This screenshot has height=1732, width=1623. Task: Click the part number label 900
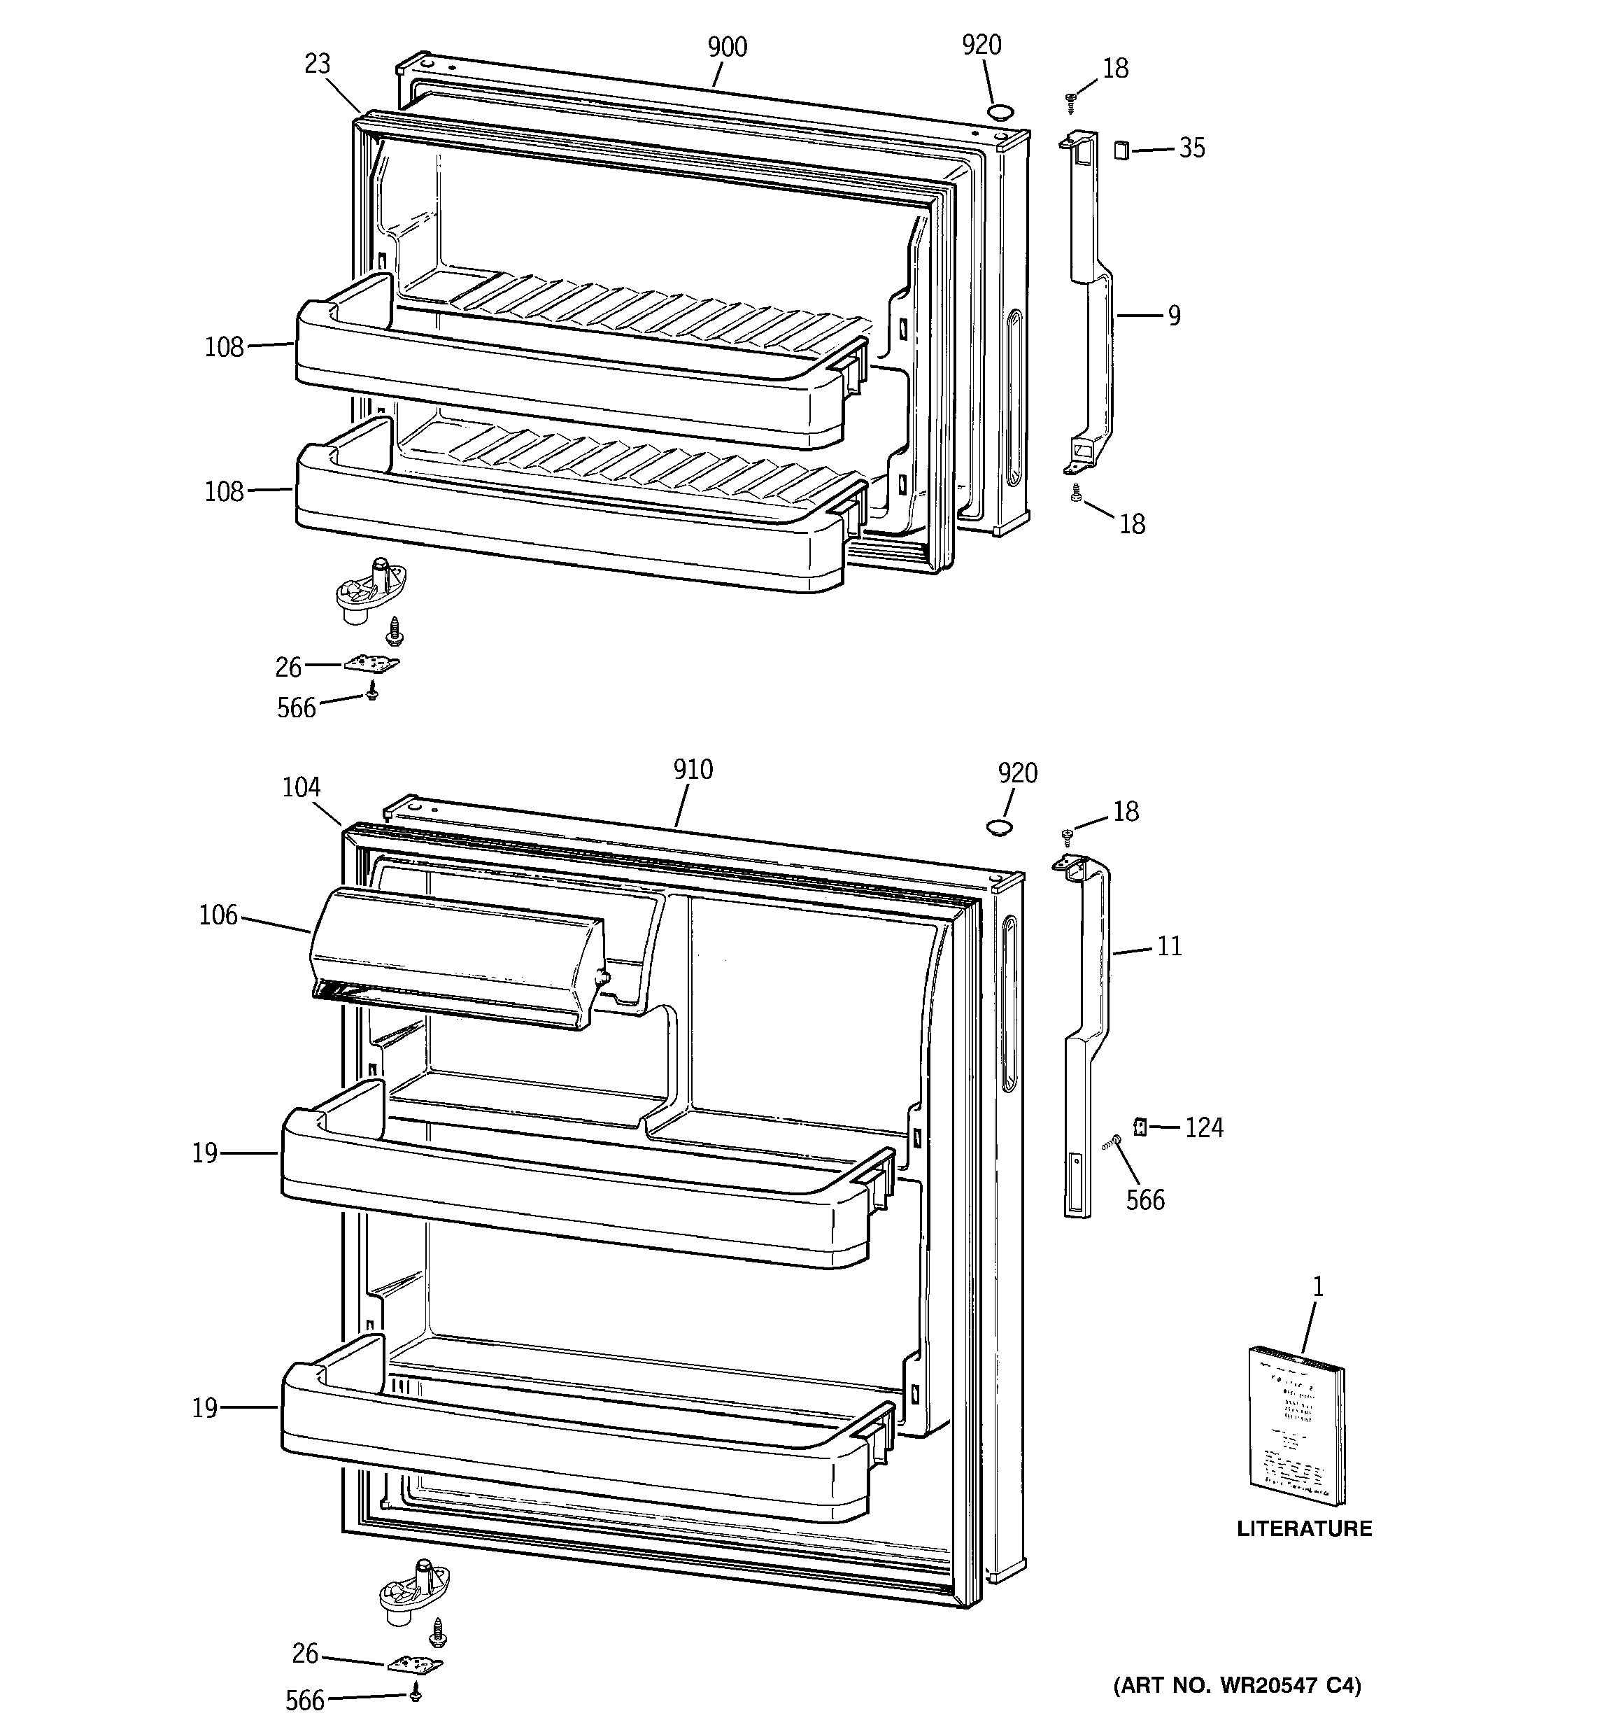[727, 47]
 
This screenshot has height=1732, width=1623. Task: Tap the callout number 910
[693, 769]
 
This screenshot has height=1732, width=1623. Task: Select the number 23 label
[318, 64]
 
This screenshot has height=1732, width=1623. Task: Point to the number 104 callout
[302, 787]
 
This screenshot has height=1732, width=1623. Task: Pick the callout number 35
[1192, 148]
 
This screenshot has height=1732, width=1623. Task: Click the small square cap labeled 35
[1121, 150]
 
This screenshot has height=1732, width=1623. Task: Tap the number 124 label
[1204, 1128]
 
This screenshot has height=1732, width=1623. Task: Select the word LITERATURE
[1304, 1528]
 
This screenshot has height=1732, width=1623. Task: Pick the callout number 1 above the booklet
[1318, 1286]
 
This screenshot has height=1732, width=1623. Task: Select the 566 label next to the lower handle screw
[1144, 1201]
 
